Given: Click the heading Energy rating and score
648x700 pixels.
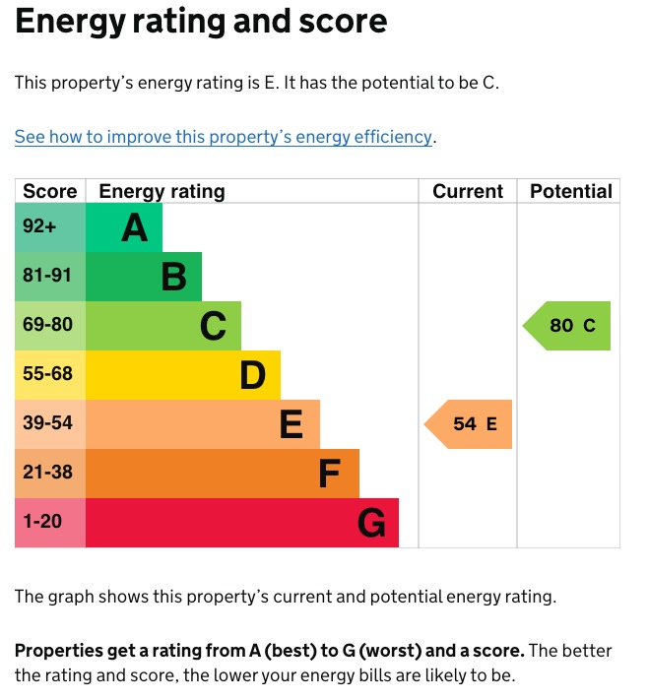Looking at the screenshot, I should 201,22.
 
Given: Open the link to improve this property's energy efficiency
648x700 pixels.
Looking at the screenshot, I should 224,137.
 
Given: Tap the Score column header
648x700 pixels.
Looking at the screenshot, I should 49,191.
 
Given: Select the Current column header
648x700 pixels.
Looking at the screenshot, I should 468,191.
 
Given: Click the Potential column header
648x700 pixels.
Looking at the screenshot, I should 570,191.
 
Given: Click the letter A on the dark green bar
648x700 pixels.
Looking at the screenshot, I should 134,228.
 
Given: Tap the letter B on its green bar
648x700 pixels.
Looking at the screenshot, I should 173,278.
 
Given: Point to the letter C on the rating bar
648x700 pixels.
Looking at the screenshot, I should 213,327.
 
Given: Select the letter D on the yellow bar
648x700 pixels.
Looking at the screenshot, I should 253,376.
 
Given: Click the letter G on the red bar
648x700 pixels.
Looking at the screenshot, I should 371,524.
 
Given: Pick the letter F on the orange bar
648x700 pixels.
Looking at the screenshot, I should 330,475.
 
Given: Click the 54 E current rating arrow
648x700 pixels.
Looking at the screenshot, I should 471,424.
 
